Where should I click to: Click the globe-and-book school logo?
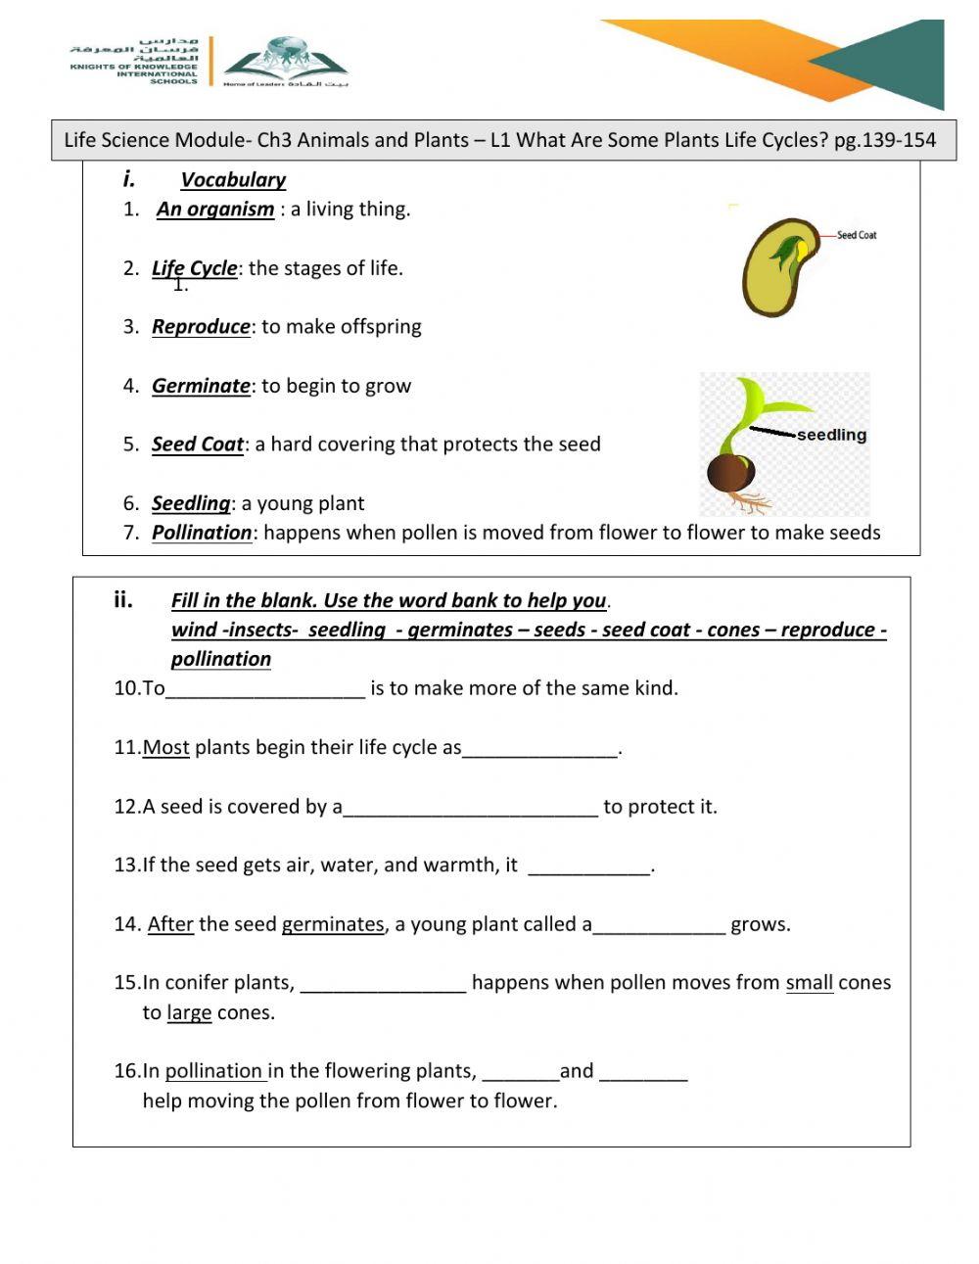(285, 60)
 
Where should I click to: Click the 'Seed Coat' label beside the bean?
(857, 235)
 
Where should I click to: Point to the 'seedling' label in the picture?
(831, 435)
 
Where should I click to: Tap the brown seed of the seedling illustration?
(730, 474)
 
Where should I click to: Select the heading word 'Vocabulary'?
(233, 180)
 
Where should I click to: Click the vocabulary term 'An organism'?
(215, 210)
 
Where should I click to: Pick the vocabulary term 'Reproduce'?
(201, 327)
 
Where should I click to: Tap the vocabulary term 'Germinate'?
(201, 386)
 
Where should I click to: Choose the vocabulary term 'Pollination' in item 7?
(202, 533)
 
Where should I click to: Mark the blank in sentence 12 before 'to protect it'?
(470, 809)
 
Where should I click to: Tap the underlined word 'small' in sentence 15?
(809, 983)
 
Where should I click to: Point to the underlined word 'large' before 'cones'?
(189, 1012)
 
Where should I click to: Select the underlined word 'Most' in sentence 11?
(165, 748)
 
